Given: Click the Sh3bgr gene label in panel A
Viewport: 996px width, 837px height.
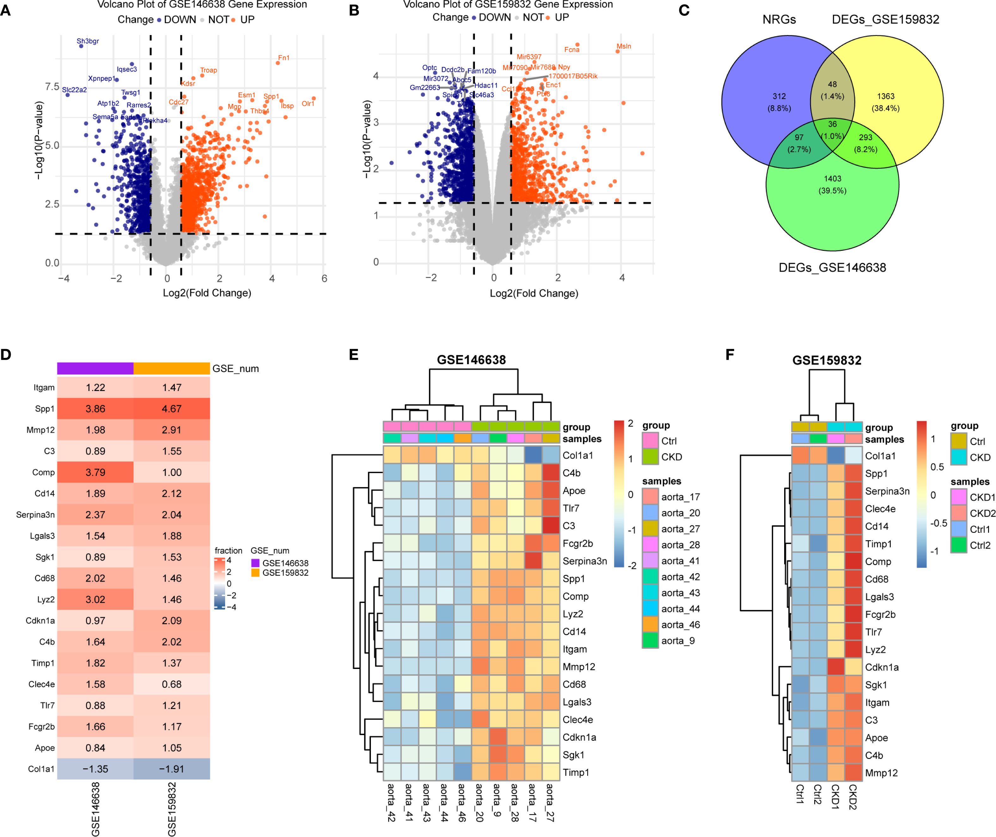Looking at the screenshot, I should point(88,41).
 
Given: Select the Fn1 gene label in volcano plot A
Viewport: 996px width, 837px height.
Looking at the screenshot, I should point(284,58).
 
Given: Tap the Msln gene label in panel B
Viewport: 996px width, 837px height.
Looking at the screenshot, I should point(624,46).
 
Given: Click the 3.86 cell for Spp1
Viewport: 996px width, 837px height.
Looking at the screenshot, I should point(95,408).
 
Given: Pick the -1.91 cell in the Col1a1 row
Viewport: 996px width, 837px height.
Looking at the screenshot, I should point(171,769).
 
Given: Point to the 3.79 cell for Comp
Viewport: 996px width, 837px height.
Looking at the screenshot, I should point(95,472).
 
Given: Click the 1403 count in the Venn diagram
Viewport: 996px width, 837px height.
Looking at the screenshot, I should point(832,179).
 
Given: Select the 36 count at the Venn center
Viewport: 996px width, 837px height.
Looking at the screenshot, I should point(832,124).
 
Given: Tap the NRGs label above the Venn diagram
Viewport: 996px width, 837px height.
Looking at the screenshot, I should point(779,20).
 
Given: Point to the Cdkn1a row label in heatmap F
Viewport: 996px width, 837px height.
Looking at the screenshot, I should point(882,667).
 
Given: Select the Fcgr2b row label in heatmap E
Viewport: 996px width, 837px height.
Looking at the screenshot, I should point(578,543).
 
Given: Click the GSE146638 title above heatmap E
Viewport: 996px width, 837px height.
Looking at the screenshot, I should point(471,360).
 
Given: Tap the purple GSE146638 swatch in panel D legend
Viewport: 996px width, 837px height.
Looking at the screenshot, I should point(255,563).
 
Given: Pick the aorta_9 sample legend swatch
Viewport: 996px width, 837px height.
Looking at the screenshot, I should point(650,641).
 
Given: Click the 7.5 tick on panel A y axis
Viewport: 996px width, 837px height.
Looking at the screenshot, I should point(52,87).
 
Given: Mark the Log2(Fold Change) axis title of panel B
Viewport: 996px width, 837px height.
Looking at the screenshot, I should point(534,293).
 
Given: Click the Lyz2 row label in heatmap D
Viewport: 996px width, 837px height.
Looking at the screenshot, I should point(46,599).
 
